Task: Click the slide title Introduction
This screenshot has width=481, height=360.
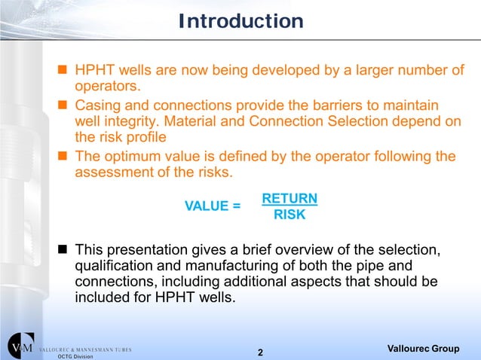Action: (x=240, y=21)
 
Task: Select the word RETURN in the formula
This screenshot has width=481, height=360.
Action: (x=289, y=199)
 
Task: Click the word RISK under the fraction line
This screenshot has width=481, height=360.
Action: (x=289, y=215)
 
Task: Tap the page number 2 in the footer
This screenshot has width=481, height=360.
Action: (x=260, y=352)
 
